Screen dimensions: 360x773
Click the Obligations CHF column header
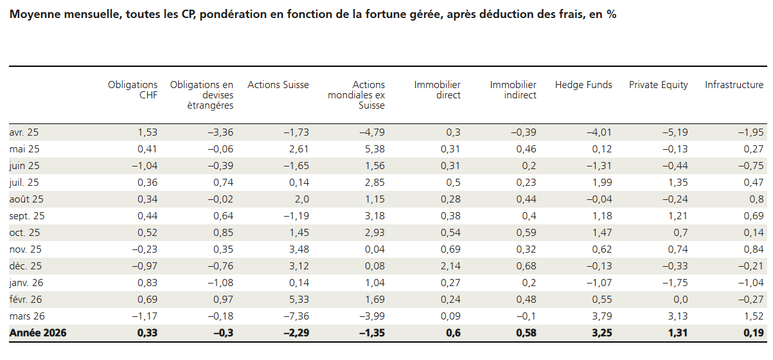click(132, 90)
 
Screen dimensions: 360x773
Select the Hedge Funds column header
click(583, 85)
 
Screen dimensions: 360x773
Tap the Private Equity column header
click(658, 85)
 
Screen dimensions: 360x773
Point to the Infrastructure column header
click(734, 85)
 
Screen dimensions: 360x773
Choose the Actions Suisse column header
click(278, 85)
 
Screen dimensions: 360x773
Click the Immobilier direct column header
click(437, 90)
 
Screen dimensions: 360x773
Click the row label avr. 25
click(24, 132)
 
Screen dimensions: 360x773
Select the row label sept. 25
click(27, 216)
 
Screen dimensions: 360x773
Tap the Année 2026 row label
click(38, 333)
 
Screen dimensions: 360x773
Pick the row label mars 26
click(26, 316)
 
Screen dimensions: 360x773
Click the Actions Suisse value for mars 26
click(296, 316)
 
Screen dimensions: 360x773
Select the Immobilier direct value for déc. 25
click(449, 266)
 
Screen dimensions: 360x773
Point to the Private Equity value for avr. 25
click(675, 132)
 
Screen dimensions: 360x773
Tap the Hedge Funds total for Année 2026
click(598, 333)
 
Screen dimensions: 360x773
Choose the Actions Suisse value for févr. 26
click(298, 300)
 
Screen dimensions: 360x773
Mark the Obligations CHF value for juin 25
click(144, 166)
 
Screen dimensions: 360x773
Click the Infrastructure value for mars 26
click(753, 316)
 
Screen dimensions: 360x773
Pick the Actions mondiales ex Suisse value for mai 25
click(373, 149)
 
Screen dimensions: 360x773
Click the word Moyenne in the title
click(32, 14)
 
